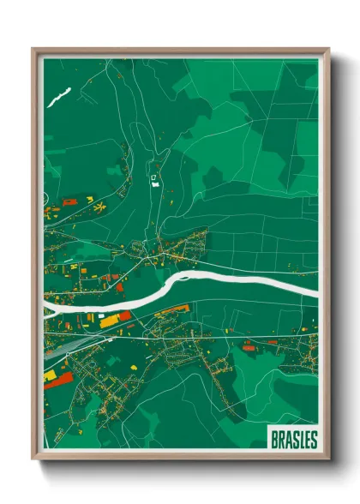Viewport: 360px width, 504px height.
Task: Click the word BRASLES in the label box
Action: [293, 440]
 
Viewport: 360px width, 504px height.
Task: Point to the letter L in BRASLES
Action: [299, 440]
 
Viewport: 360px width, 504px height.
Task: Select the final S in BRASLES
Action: [313, 440]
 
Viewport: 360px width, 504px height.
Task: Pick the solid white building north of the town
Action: [154, 183]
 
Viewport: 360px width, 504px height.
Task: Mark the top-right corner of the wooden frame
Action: [327, 50]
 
